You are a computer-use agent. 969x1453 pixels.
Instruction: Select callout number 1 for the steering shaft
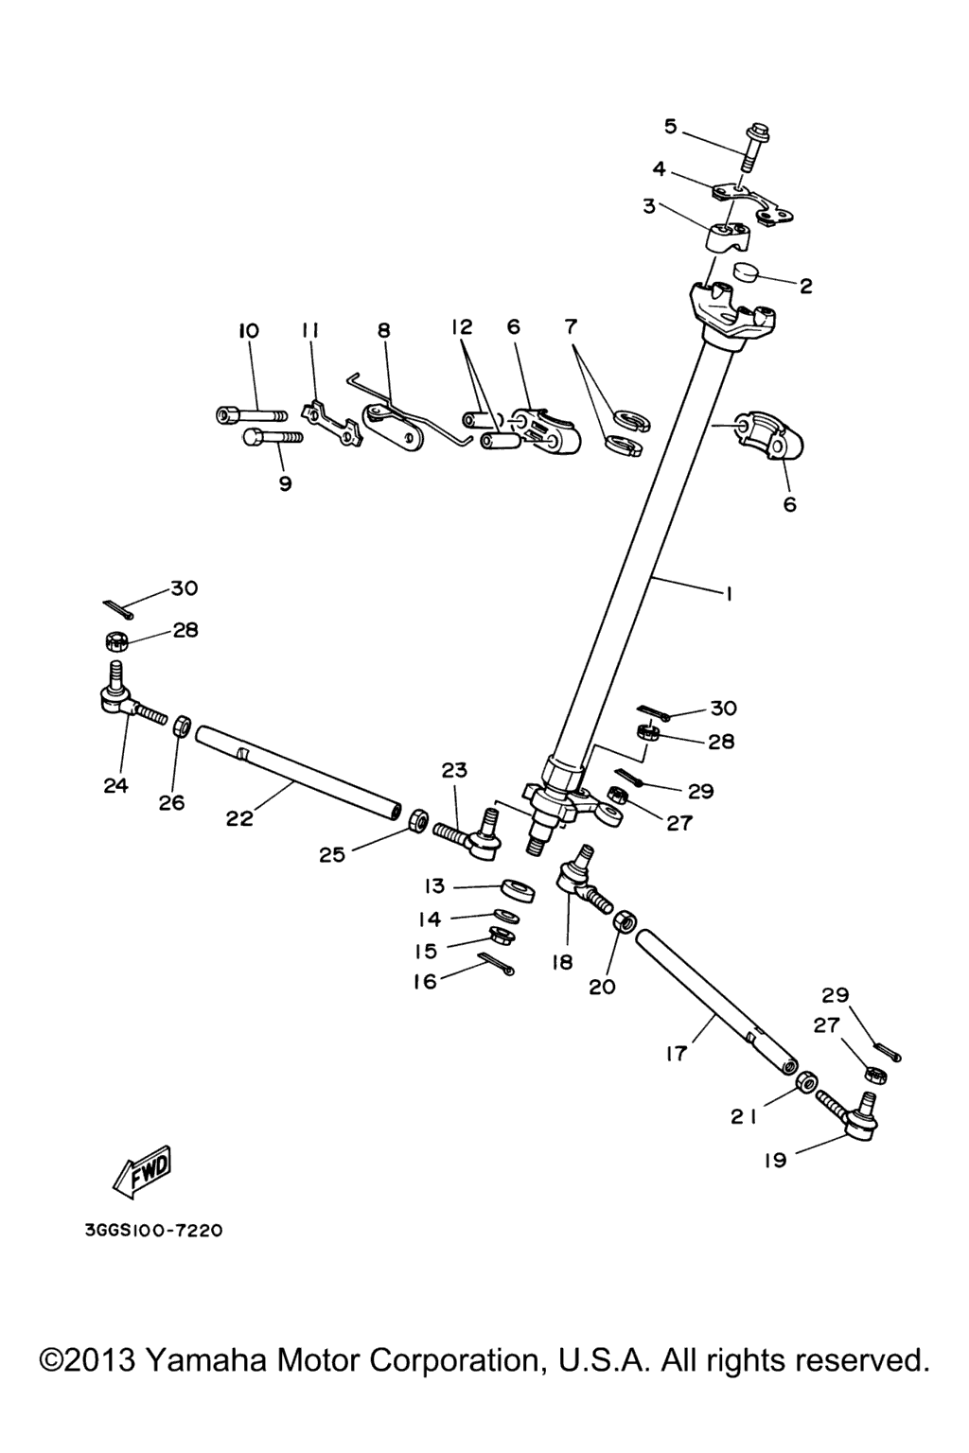[x=729, y=594]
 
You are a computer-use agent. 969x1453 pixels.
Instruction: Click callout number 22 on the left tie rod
[x=239, y=818]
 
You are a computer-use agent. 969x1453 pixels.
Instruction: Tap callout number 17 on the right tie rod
[x=675, y=1053]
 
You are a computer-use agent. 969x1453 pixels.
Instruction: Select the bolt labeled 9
[x=272, y=438]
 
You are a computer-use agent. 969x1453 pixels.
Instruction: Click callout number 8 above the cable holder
[x=383, y=330]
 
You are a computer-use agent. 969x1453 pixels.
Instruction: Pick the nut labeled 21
[x=807, y=1081]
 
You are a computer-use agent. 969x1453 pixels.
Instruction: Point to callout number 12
[x=461, y=327]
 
